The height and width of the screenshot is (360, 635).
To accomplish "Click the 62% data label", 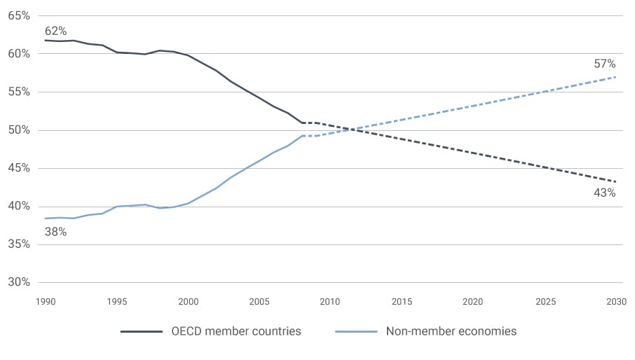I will point(55,32).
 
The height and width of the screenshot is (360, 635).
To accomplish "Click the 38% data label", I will point(55,232).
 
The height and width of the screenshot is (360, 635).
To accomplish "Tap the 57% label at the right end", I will point(604,64).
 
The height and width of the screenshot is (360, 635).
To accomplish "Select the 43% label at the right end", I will point(604,193).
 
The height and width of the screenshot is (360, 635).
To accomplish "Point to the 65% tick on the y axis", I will point(18,15).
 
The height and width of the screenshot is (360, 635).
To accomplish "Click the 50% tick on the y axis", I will point(18,130).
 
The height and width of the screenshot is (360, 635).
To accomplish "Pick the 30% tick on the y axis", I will point(18,282).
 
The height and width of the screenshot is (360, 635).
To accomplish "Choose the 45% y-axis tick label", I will point(18,168).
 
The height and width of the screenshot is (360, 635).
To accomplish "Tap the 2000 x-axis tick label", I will point(189,302).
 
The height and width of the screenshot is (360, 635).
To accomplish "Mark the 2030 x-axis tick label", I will point(617,302).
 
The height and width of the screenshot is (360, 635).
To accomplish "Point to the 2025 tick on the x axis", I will point(545,302).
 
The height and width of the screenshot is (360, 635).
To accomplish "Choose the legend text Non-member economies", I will point(451,331).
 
